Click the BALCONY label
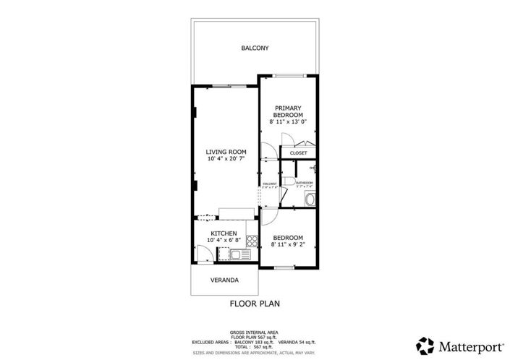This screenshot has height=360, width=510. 255,48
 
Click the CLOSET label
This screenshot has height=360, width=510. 298,153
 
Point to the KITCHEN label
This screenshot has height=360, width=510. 224,233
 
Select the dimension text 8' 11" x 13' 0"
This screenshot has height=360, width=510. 288,122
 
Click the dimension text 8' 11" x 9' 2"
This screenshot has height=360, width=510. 288,244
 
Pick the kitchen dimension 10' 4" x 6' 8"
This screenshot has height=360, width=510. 224,240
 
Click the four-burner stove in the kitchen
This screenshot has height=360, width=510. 252,240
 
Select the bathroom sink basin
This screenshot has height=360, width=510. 310,200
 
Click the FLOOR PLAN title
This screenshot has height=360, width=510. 255,304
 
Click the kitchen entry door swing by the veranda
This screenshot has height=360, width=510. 205,254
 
